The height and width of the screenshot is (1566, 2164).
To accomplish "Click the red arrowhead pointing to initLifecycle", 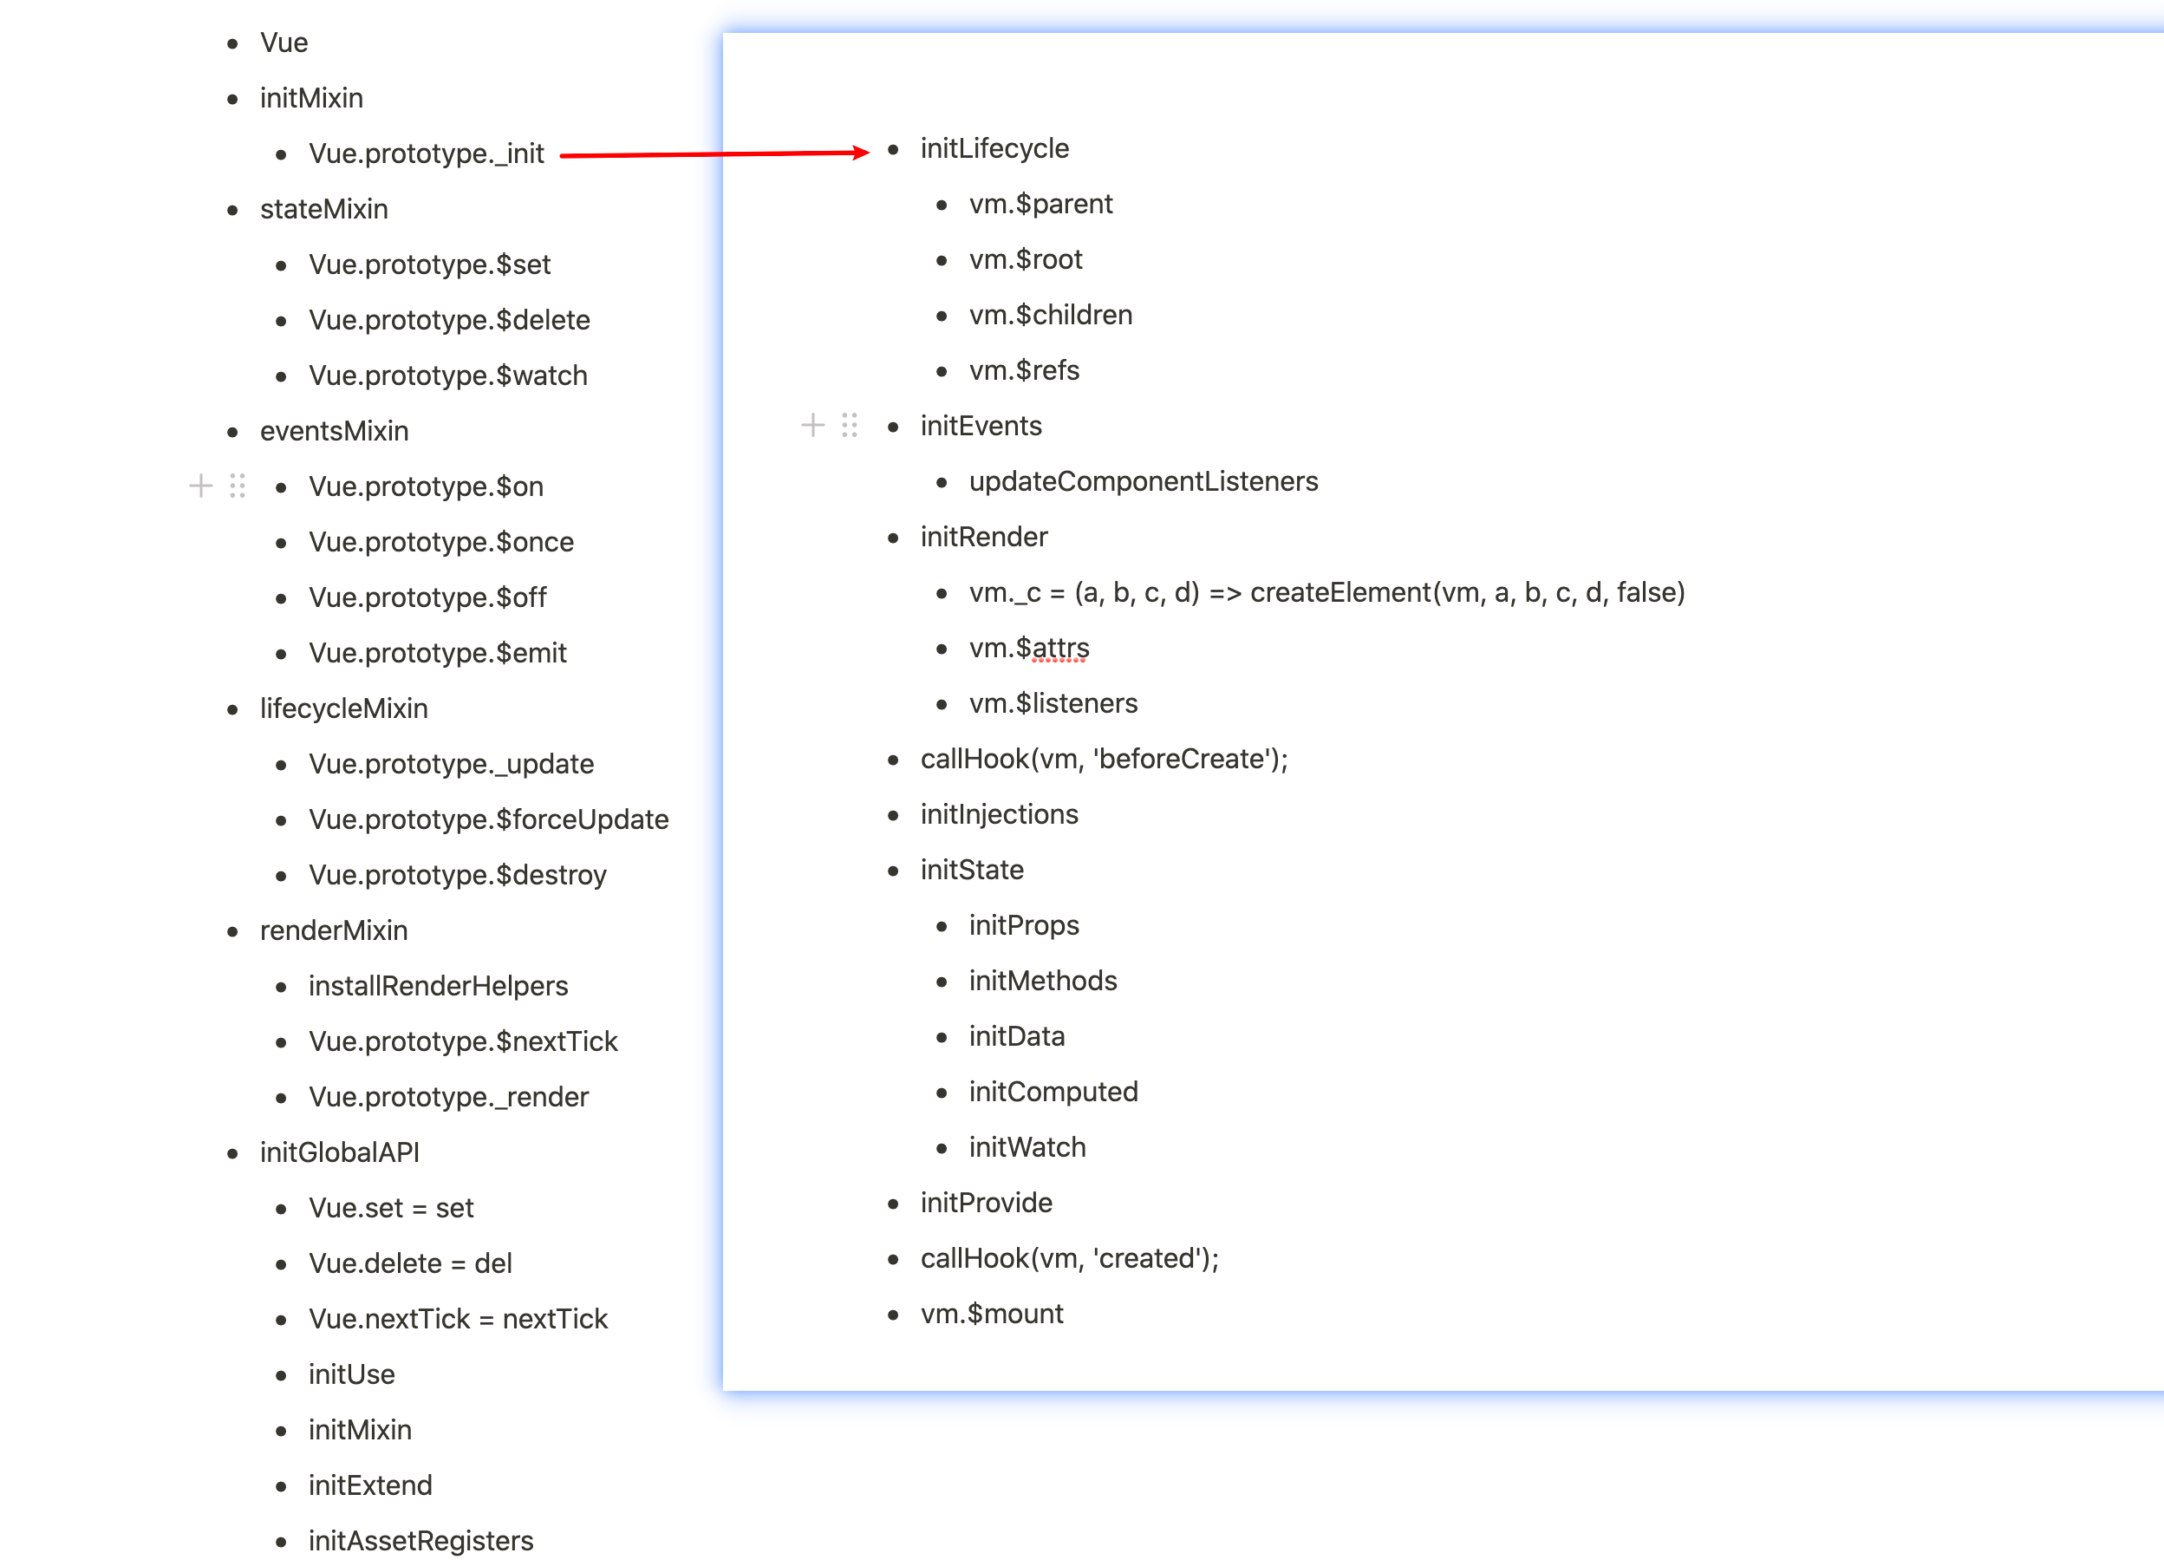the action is point(862,152).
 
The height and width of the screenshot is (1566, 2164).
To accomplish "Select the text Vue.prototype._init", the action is point(426,153).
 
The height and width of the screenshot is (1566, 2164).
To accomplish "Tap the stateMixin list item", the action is point(323,209).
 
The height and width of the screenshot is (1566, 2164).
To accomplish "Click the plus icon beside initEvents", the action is point(812,425).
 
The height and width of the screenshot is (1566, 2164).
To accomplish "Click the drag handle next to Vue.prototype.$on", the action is point(238,486).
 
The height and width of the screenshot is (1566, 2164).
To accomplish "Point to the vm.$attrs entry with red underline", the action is point(1028,648).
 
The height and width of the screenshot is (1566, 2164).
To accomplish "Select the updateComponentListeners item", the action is point(1143,481).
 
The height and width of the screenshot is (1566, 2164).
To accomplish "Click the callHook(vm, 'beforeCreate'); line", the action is point(1103,759).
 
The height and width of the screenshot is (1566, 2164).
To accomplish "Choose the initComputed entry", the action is point(1053,1092).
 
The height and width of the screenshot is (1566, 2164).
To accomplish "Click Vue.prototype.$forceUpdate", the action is point(488,819).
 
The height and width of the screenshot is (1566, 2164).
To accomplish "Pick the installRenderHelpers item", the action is point(438,986).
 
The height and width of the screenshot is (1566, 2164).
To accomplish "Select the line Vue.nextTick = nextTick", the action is point(458,1319).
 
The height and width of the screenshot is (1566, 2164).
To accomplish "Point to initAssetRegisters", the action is point(420,1540).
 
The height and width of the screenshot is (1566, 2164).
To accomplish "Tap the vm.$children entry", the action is point(1051,315).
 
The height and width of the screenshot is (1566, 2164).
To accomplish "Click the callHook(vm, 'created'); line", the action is point(1069,1259).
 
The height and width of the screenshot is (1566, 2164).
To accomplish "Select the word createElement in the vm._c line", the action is point(1339,592).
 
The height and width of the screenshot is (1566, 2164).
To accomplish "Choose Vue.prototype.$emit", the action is point(437,653).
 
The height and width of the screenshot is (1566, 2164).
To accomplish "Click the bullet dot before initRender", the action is point(893,538).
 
